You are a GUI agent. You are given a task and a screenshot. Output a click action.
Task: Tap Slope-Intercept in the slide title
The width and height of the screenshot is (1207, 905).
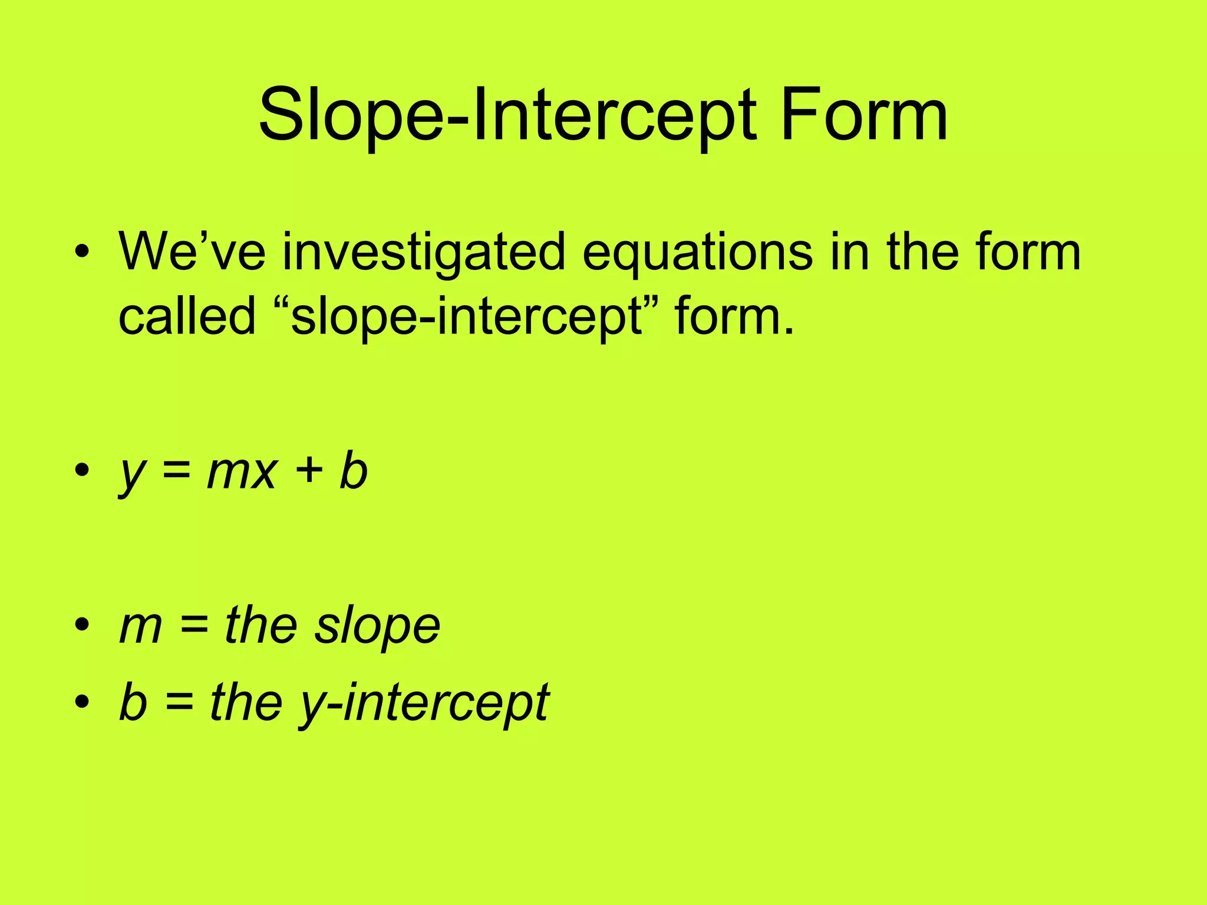tap(507, 115)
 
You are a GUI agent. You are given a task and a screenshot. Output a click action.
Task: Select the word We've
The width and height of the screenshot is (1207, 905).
tap(192, 252)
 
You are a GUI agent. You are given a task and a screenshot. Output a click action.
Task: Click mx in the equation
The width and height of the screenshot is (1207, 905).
tap(242, 473)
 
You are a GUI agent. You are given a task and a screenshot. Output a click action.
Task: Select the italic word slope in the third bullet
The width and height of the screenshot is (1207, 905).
tap(377, 627)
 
